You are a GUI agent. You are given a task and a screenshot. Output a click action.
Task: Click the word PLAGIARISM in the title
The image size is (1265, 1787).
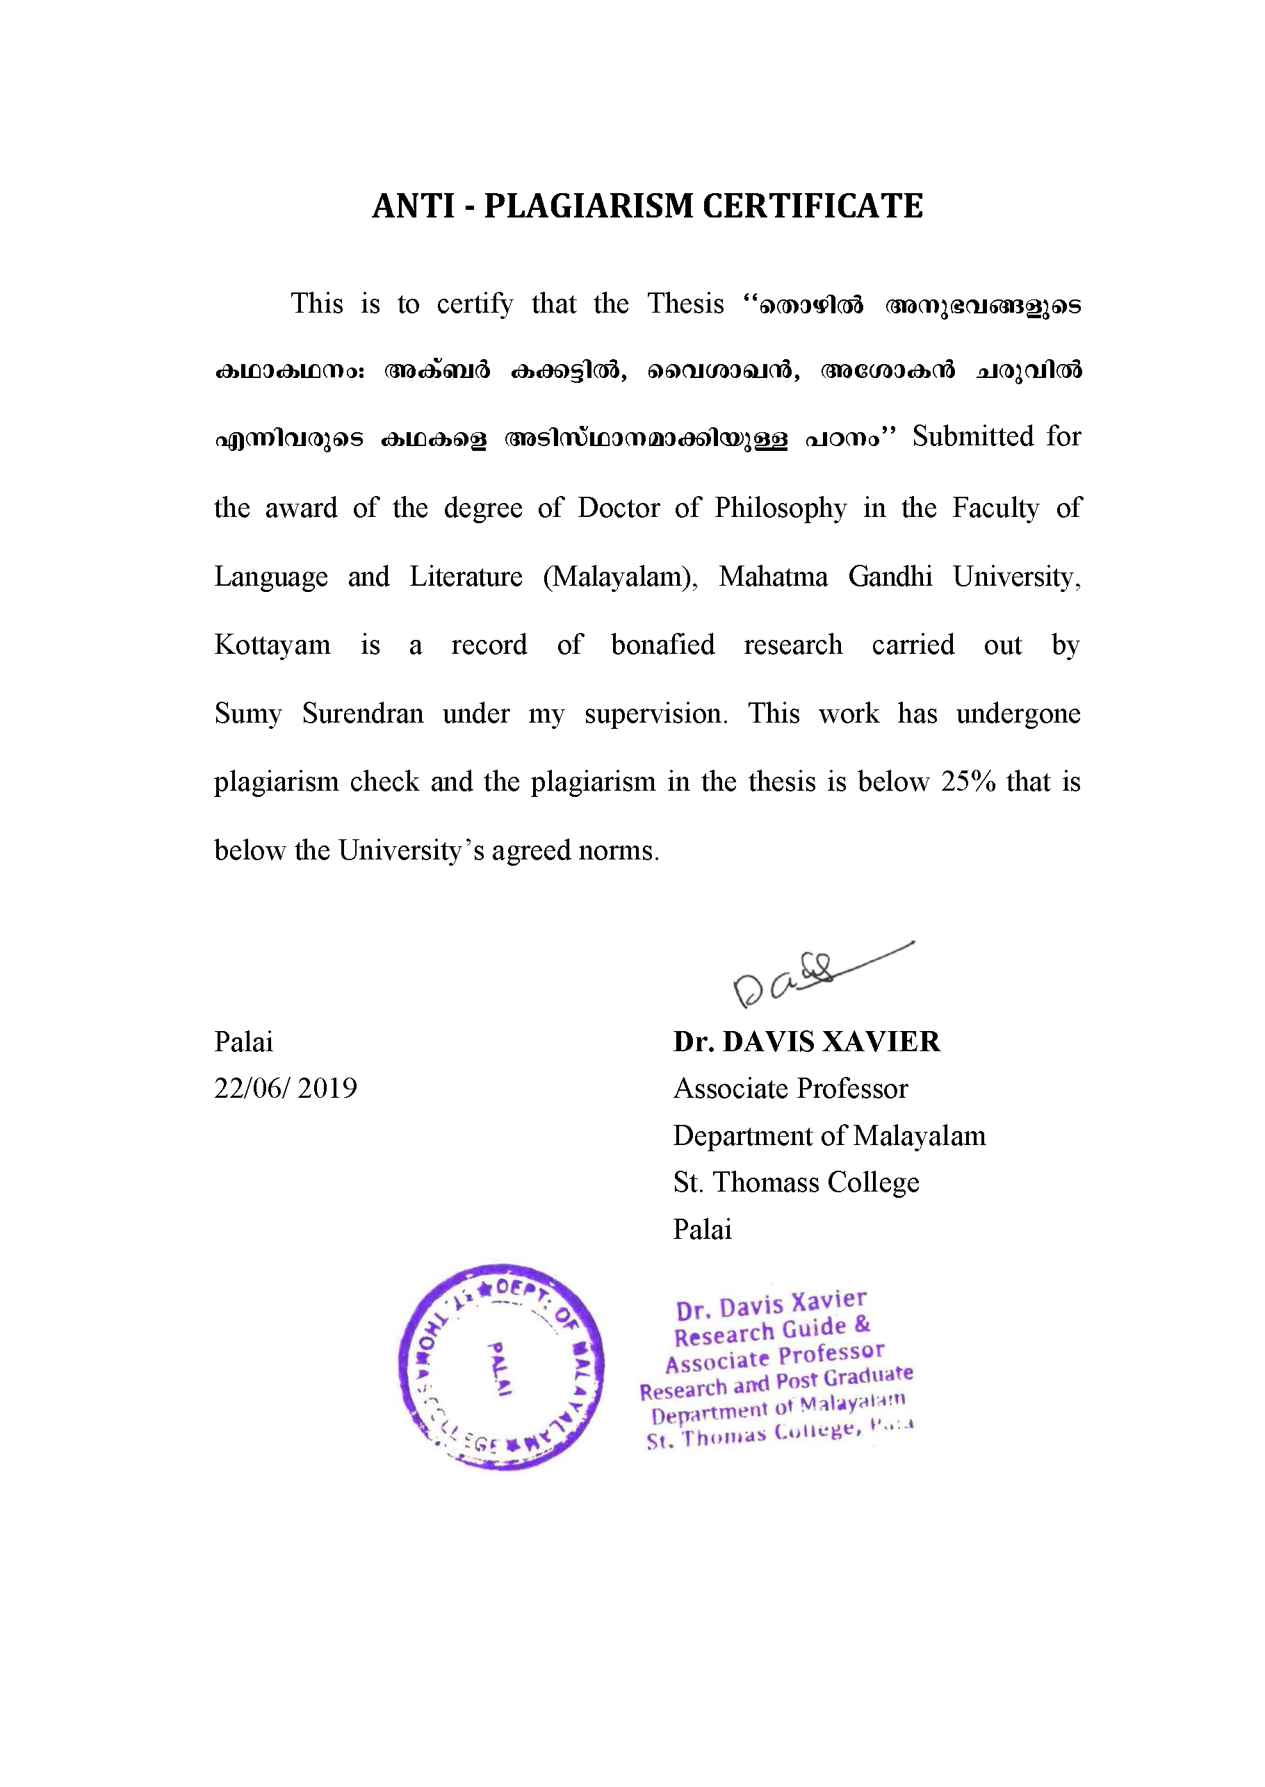coord(588,206)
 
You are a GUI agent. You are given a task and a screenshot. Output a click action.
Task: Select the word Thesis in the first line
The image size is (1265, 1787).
coord(685,304)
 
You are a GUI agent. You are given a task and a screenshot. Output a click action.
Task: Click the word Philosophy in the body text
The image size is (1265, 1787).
coord(781,508)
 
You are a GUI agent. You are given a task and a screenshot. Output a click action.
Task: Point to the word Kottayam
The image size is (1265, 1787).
coord(272,645)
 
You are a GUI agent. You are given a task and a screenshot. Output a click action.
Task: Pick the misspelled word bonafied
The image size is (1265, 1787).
coord(663,645)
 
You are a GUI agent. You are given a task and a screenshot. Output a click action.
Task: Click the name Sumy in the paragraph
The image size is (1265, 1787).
coord(247,714)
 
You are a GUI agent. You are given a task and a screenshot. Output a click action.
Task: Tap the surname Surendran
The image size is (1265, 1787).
coord(363,714)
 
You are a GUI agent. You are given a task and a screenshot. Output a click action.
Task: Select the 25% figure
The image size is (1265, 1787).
coord(968,781)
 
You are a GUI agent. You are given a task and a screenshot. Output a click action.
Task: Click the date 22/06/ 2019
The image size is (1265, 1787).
coord(285,1088)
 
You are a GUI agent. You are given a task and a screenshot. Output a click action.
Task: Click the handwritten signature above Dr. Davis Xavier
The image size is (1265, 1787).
coord(810,973)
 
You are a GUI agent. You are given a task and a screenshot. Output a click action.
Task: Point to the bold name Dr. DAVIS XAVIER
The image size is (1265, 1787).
coord(807,1041)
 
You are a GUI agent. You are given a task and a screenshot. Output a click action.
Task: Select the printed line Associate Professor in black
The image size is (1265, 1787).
coord(791,1089)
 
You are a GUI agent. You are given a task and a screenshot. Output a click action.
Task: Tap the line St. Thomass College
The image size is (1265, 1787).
coord(796,1182)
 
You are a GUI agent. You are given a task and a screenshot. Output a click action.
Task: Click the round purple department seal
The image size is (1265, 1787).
coord(501,1367)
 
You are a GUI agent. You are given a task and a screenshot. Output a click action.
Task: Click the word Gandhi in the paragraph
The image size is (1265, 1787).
coord(890,576)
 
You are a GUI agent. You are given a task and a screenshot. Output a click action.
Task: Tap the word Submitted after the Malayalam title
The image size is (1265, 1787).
coord(973,436)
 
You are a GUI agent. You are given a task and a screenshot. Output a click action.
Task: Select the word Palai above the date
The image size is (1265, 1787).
coord(244,1041)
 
